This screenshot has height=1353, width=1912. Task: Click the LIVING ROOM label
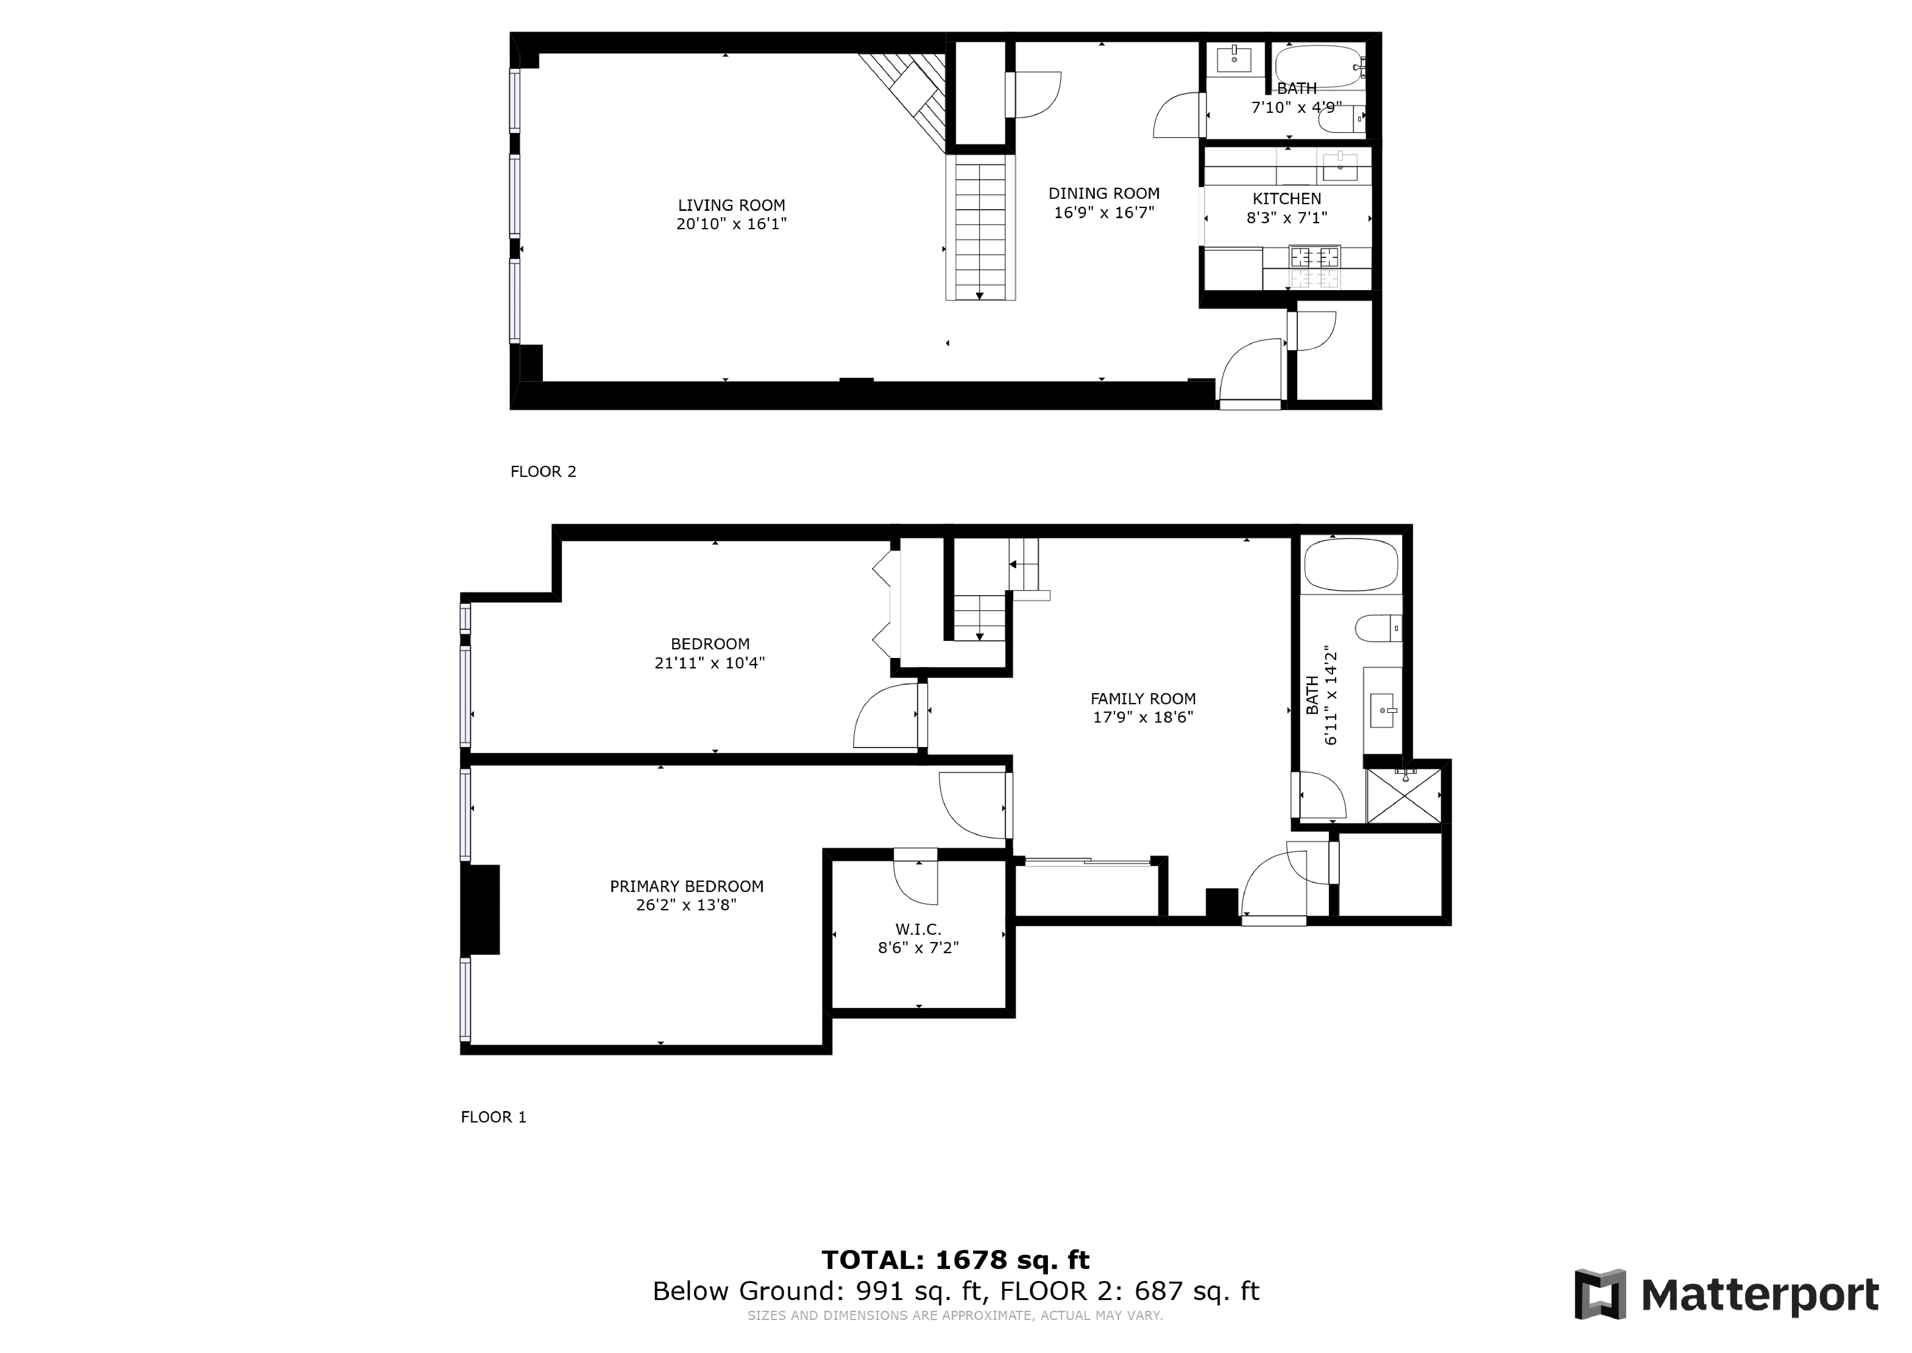point(731,205)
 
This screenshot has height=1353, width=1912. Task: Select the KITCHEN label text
point(1286,198)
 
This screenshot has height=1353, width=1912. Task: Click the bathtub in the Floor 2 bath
point(1318,66)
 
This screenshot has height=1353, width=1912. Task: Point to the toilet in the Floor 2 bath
point(1339,120)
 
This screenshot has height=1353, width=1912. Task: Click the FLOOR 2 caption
point(543,472)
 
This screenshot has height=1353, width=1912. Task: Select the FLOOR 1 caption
point(493,1117)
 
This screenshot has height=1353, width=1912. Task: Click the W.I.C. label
point(918,929)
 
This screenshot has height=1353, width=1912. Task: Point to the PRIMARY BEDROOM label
point(686,887)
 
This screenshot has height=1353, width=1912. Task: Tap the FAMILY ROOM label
point(1143,699)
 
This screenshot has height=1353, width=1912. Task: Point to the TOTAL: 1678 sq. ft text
point(955,1260)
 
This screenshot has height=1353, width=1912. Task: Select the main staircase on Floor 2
point(980,229)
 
